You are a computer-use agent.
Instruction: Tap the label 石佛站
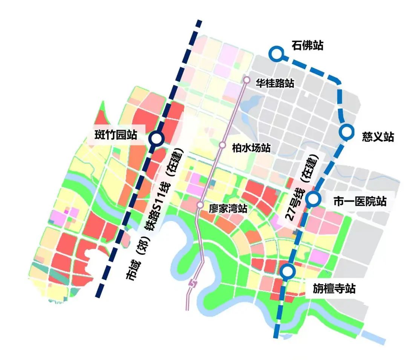coord(307,46)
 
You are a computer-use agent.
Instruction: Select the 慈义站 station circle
coord(346,132)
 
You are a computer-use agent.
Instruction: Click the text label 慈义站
coord(378,137)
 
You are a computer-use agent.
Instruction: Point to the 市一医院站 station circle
coord(313,199)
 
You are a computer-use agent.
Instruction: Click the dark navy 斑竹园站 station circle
coord(156,139)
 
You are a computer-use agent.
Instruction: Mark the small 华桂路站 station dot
coord(247,80)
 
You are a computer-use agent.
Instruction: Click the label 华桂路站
coord(275,83)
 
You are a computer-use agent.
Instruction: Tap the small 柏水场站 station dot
coord(223,145)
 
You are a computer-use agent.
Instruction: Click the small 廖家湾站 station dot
coord(200,205)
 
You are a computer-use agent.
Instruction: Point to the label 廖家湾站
coord(228,208)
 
